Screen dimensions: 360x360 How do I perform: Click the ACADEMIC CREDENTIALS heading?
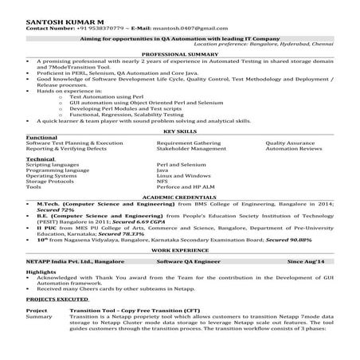(180, 195)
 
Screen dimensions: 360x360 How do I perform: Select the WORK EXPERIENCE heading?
(180, 249)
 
